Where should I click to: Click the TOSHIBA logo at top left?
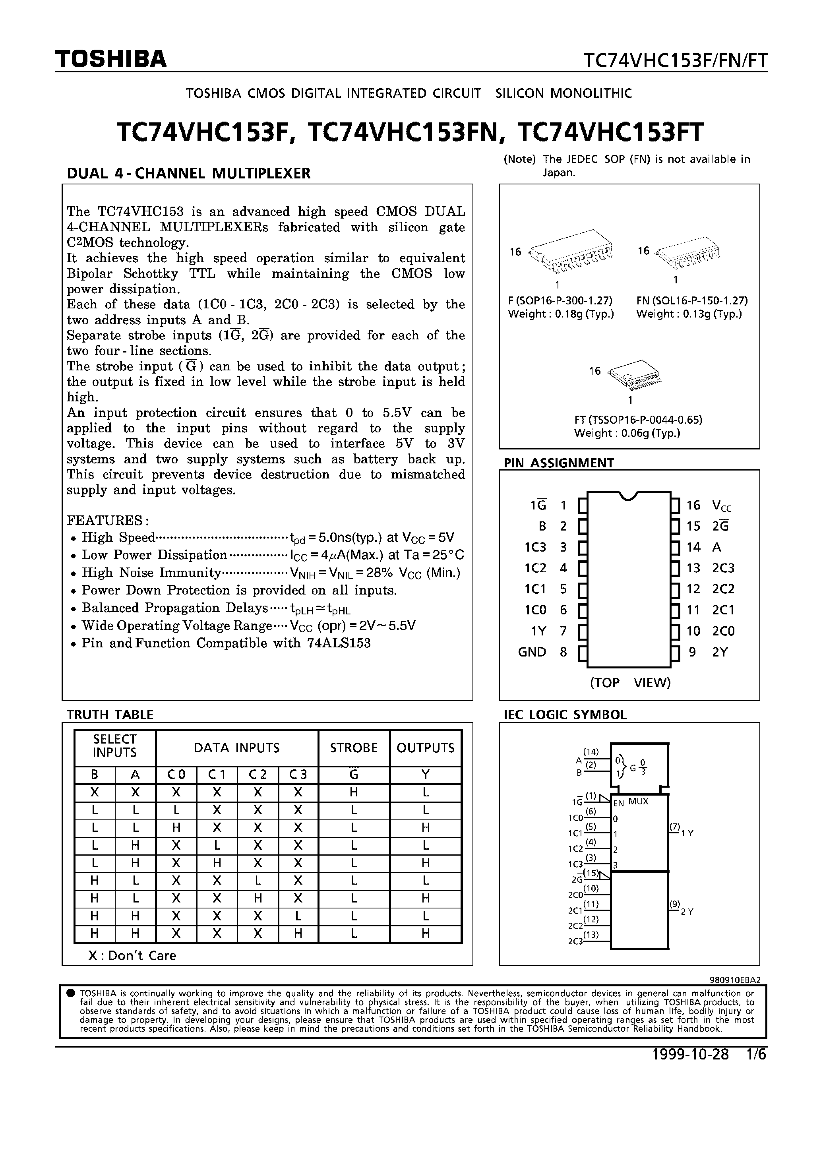tap(111, 59)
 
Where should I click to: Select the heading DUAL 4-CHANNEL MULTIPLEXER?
tap(188, 174)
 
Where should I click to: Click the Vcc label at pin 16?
tap(721, 505)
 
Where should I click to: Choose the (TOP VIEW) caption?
tap(630, 683)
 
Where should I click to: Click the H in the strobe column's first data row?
tap(354, 792)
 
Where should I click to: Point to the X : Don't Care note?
tap(132, 955)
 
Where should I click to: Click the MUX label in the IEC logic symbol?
tap(638, 802)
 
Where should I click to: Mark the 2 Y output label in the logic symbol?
tap(687, 912)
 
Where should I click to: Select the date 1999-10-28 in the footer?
tap(690, 1054)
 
